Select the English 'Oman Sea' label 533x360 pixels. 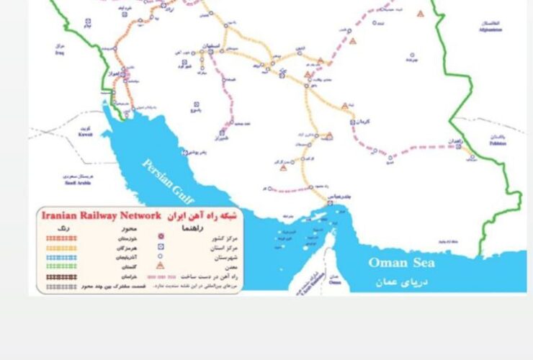(403, 263)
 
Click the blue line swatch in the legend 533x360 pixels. (56, 255)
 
